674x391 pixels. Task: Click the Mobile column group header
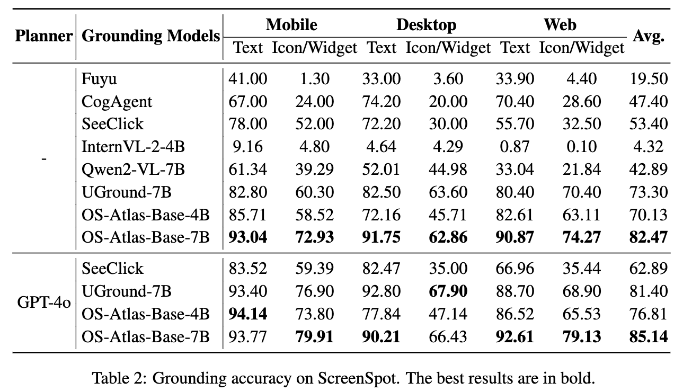tap(291, 25)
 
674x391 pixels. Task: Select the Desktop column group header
tap(427, 25)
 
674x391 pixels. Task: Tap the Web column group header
tap(560, 25)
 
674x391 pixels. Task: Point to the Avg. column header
tap(649, 36)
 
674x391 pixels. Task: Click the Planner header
tap(44, 36)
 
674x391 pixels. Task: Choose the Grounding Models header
tap(150, 36)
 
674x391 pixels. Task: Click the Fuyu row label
tap(99, 79)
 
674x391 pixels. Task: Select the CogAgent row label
tap(117, 102)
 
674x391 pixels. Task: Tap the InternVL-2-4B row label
tap(133, 147)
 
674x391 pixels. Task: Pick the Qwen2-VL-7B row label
tap(133, 170)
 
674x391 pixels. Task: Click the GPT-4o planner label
tap(44, 303)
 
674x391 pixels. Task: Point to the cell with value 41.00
tap(247, 79)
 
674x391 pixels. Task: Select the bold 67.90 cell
tap(448, 291)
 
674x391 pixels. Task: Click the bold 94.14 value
tap(247, 314)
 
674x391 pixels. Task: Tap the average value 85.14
tap(649, 336)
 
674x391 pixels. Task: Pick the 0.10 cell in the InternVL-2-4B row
tap(582, 147)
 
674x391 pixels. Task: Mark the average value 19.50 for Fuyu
tap(649, 79)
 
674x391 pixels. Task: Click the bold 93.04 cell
tap(247, 237)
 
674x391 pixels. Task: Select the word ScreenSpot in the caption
tap(359, 378)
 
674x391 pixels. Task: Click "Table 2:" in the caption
tap(120, 378)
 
